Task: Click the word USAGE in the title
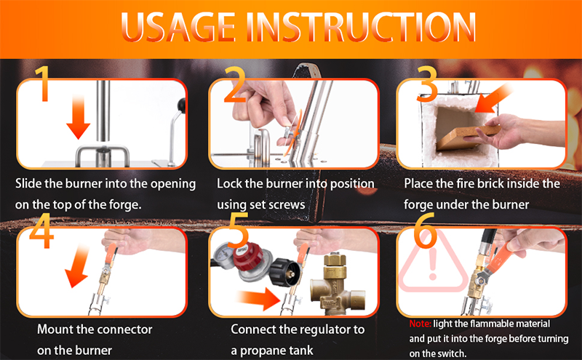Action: coord(178,27)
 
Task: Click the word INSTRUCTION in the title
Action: coord(361,27)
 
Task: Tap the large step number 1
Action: coord(43,83)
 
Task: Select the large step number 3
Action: coord(427,84)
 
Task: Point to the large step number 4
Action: coord(41,230)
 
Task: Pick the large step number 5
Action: coord(239,230)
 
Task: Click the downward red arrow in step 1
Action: coord(79,116)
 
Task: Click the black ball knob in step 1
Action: coord(181,105)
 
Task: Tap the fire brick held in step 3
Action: coord(469,138)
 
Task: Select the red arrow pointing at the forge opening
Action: coord(493,98)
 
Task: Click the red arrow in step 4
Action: coord(77,267)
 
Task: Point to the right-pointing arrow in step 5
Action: coord(259,300)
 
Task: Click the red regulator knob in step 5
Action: coord(249,257)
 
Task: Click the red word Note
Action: coord(420,324)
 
